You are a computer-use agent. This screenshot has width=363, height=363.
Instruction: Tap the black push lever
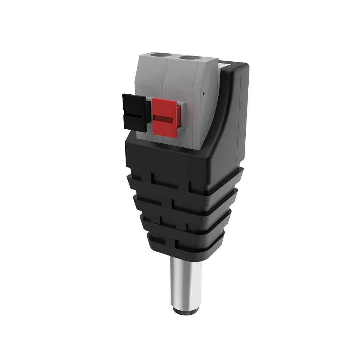point(134,111)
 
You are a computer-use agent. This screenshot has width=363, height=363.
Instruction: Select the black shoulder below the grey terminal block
point(171,160)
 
